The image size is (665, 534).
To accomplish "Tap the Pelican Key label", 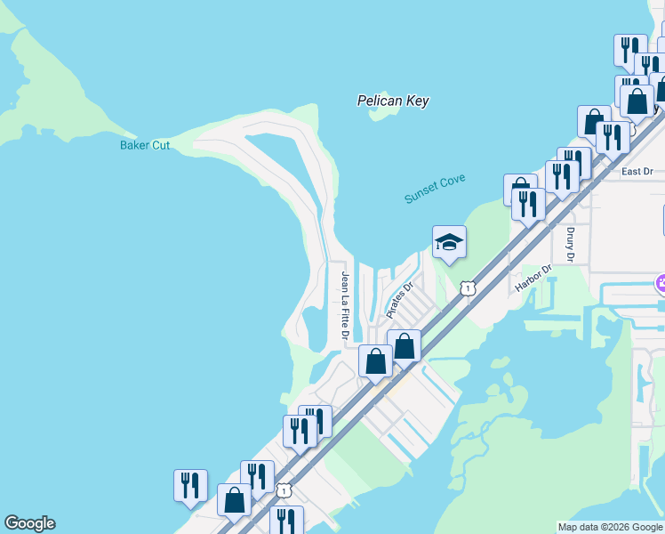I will [x=393, y=101].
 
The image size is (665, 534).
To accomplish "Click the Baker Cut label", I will [x=145, y=145].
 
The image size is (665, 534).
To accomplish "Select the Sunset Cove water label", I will [x=435, y=189].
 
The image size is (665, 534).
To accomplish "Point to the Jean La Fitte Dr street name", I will [x=343, y=305].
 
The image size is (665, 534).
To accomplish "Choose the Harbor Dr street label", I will [x=533, y=278].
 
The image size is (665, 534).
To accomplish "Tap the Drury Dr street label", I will [x=571, y=245].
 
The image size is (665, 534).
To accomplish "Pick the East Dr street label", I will [x=637, y=171].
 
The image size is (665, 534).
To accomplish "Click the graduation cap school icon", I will [x=449, y=241].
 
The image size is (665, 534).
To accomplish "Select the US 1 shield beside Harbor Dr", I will [x=468, y=287].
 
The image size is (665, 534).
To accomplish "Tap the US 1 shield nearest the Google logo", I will [x=284, y=490].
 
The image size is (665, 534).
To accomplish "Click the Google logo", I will [x=29, y=523].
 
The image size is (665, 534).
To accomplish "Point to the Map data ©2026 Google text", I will [x=611, y=527].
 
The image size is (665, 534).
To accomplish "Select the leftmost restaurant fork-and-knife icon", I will [x=190, y=485].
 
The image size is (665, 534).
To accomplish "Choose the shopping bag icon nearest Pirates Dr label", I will [x=404, y=345].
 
